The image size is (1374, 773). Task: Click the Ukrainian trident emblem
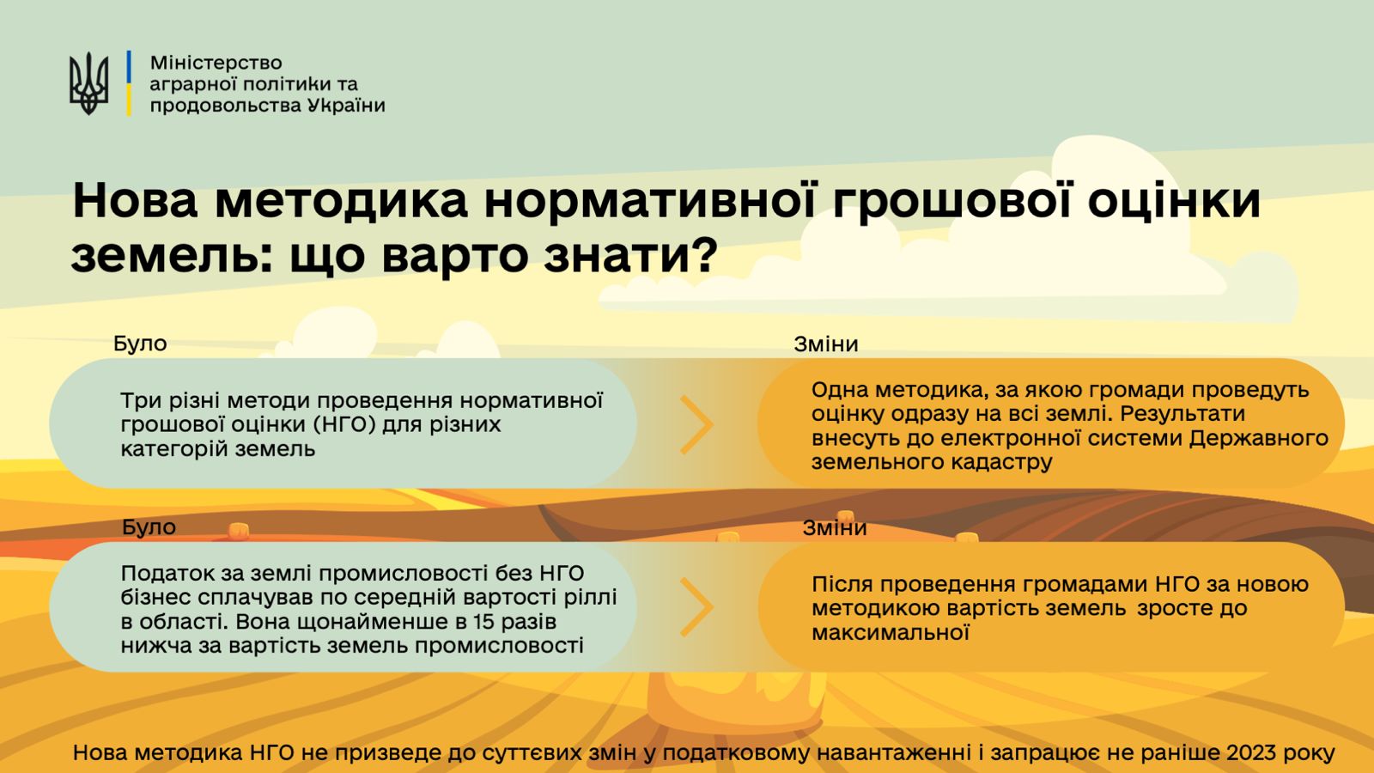click(x=89, y=83)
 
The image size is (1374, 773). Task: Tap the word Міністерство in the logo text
click(x=216, y=63)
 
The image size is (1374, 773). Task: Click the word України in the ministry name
click(x=346, y=105)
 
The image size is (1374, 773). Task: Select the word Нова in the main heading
click(x=135, y=201)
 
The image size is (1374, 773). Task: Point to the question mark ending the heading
click(x=705, y=253)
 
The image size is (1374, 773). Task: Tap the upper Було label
click(x=140, y=344)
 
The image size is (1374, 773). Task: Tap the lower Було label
click(x=149, y=527)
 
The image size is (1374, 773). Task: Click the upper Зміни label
click(x=825, y=344)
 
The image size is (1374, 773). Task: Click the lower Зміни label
click(x=834, y=527)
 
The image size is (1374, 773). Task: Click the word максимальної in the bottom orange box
click(x=891, y=632)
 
